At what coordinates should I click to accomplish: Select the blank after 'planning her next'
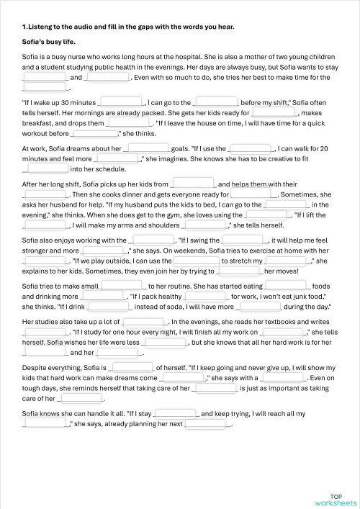point(207,424)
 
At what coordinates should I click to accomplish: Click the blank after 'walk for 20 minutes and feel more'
point(117,158)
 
